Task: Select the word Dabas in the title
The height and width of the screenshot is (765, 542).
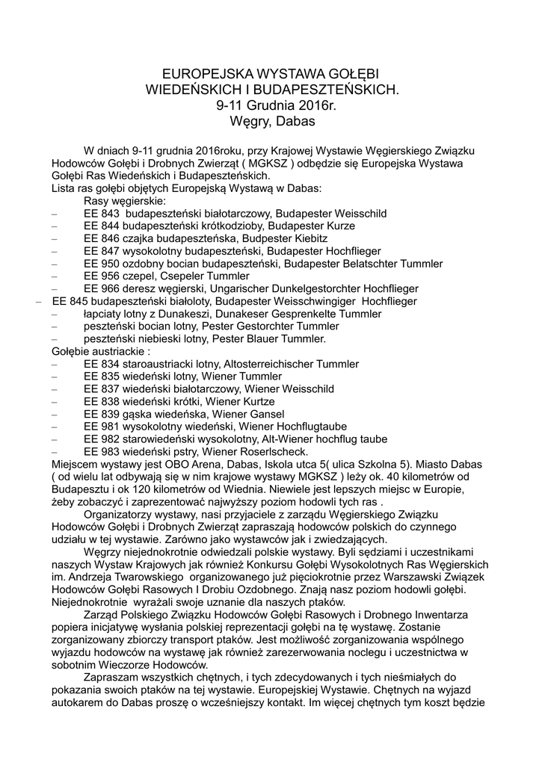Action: tap(297, 120)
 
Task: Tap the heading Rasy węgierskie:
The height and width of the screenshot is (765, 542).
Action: tap(125, 200)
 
